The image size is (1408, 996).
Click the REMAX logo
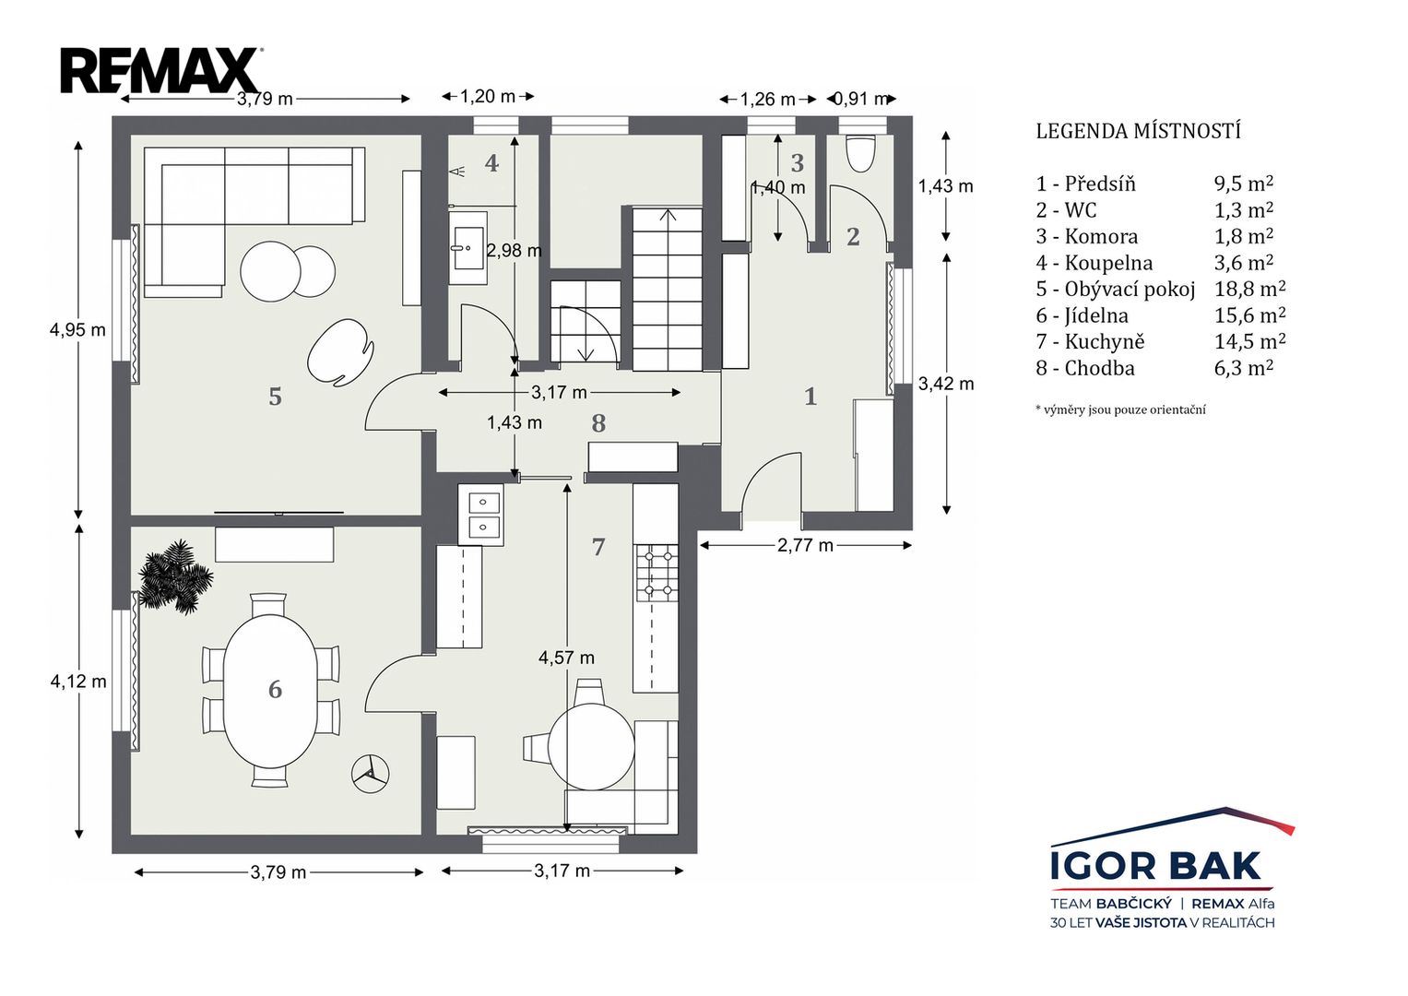tap(161, 70)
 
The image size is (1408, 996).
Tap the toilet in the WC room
tap(860, 153)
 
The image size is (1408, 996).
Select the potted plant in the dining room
tap(175, 576)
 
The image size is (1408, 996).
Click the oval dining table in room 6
tap(270, 691)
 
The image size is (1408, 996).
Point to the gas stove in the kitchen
tap(657, 573)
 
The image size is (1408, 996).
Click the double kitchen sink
tap(480, 515)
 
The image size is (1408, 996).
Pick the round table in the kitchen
tap(591, 747)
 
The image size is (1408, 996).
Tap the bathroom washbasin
tap(467, 248)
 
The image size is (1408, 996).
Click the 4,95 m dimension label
tap(78, 329)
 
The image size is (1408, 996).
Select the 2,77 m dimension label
tap(805, 546)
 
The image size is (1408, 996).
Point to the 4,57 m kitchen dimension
tap(566, 658)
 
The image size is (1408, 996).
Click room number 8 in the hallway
tap(598, 423)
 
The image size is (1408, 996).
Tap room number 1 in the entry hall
tap(810, 397)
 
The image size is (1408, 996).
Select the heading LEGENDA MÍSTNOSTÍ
tap(1139, 131)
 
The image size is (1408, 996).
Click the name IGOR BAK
tap(1156, 866)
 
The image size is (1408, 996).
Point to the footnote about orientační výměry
tap(1120, 410)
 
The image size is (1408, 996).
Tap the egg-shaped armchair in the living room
tap(340, 353)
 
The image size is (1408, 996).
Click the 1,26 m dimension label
tap(767, 100)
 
